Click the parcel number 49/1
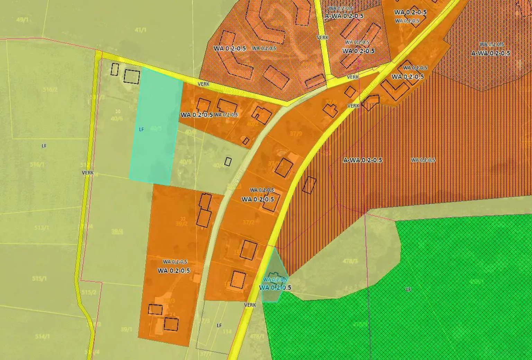[22, 20]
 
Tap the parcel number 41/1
[141, 30]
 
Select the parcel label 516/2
[50, 90]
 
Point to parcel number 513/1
[41, 228]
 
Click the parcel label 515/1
[39, 279]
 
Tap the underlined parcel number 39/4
[117, 231]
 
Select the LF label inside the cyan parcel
[141, 129]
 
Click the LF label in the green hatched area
[408, 289]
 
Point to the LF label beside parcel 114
[219, 325]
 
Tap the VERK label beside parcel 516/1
[88, 173]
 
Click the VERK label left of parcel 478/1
[250, 305]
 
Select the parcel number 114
[227, 332]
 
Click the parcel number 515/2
[89, 292]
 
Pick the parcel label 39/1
[126, 330]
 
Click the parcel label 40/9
[186, 161]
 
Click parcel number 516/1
[37, 165]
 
